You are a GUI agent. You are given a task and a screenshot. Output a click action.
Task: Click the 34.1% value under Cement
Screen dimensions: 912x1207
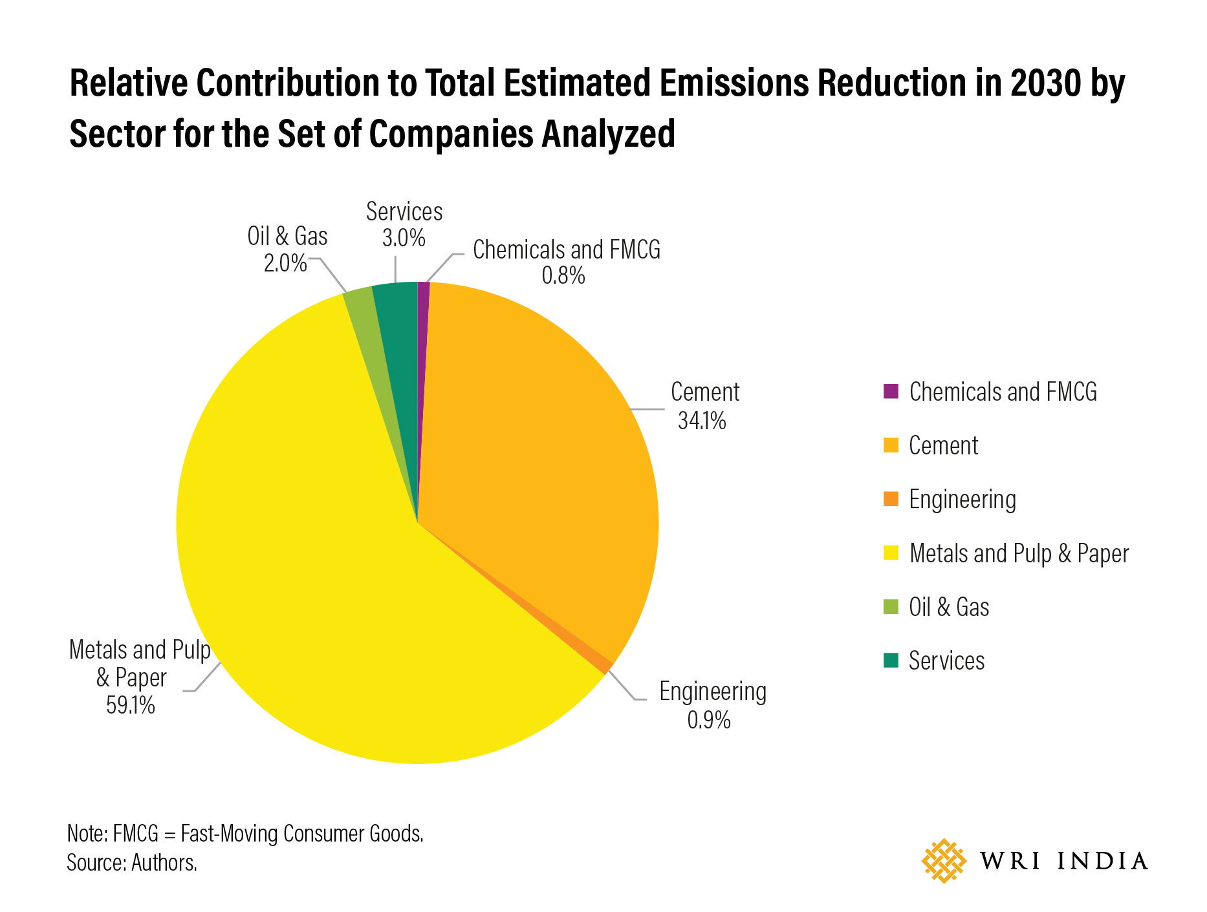(x=702, y=421)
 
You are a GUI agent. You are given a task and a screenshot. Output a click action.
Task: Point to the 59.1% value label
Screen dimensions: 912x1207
(x=131, y=705)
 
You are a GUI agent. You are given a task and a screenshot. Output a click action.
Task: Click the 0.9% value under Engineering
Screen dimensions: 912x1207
(x=709, y=720)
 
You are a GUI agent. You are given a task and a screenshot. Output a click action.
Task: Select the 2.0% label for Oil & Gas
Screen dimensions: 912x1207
(x=285, y=263)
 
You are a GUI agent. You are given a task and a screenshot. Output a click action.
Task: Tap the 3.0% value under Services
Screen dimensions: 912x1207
(x=404, y=239)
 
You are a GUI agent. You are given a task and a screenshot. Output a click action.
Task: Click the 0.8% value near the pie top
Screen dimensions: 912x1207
(x=563, y=276)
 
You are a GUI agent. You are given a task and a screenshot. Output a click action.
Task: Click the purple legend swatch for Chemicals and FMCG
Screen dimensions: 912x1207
(x=891, y=392)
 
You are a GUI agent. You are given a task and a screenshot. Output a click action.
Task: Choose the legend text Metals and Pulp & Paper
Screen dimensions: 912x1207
(x=1018, y=554)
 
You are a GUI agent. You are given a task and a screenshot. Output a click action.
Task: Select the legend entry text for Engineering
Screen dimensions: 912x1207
(x=962, y=500)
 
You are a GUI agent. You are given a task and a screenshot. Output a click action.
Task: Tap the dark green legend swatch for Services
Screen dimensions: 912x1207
(x=891, y=661)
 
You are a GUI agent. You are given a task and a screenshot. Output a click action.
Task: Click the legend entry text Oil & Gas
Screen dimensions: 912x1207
(x=948, y=608)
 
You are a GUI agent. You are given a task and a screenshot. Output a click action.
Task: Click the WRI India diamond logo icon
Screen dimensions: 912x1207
(x=944, y=861)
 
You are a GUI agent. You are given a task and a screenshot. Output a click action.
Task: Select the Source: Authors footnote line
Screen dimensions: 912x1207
(x=132, y=863)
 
